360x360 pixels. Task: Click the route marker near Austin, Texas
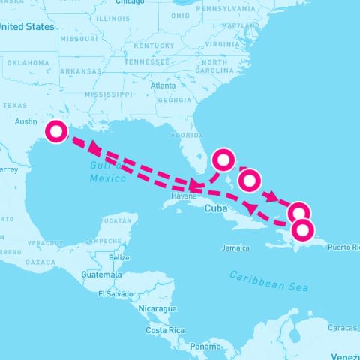click(x=56, y=132)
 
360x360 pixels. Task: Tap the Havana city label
click(x=184, y=196)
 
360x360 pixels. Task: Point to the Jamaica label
click(x=235, y=247)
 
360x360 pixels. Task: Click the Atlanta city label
click(x=163, y=85)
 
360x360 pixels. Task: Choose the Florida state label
click(x=187, y=136)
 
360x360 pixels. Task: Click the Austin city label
click(x=26, y=121)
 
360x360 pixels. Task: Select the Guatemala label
click(x=100, y=274)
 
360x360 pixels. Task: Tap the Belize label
click(x=118, y=258)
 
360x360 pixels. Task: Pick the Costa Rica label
click(x=165, y=330)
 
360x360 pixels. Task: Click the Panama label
click(x=205, y=346)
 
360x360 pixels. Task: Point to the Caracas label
click(x=342, y=328)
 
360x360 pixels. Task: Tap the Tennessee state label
click(x=147, y=62)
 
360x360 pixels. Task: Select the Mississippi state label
click(x=108, y=95)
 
